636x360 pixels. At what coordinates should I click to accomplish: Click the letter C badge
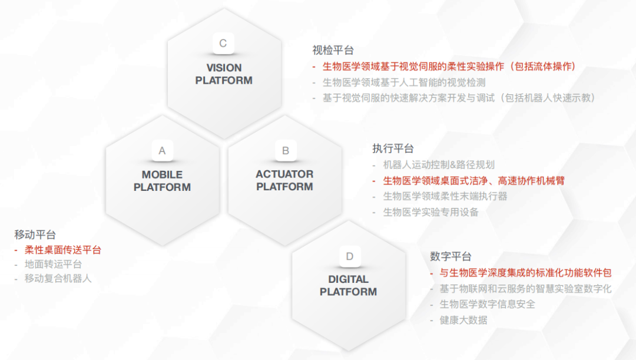[x=223, y=43]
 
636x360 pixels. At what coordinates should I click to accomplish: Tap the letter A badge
[x=162, y=150]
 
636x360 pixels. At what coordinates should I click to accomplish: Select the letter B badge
[x=286, y=150]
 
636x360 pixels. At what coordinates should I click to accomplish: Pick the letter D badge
[x=349, y=256]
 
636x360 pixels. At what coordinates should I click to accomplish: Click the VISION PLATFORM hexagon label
[x=224, y=74]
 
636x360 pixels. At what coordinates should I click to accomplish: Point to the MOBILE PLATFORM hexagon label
[x=162, y=181]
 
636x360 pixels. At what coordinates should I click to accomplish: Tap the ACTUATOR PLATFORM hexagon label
[x=284, y=180]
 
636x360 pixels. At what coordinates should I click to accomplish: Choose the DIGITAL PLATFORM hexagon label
[x=348, y=286]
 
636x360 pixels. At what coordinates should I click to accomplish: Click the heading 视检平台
[x=333, y=51]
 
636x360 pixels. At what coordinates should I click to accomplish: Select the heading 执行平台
[x=393, y=148]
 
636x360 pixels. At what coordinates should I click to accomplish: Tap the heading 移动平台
[x=35, y=235]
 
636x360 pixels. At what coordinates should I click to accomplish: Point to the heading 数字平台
[x=450, y=257]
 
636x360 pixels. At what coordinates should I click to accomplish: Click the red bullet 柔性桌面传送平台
[x=63, y=250]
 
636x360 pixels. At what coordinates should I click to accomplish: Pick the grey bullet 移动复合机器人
[x=58, y=278]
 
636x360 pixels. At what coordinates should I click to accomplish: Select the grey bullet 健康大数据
[x=463, y=321]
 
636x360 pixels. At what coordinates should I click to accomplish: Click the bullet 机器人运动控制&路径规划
[x=439, y=165]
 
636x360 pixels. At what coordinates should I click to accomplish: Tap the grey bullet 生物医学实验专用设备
[x=431, y=212]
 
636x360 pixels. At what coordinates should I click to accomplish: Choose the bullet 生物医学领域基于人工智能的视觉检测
[x=404, y=82]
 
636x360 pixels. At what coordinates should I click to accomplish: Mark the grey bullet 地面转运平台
[x=54, y=265]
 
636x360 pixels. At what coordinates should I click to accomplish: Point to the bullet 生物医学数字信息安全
[x=488, y=304]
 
